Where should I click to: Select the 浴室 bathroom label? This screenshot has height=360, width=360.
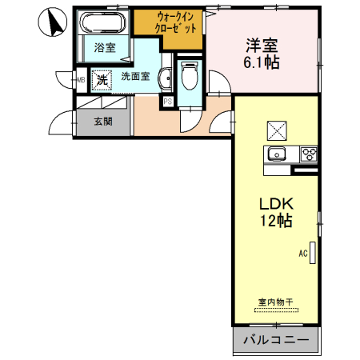104,48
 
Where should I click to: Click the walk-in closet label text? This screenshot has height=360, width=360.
168,22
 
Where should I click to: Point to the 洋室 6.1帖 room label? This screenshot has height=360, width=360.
262,54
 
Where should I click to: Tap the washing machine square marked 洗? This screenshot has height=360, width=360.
101,79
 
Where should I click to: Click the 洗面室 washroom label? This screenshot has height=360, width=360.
138,78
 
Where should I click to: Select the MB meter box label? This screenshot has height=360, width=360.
81,79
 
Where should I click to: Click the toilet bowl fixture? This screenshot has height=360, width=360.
190,78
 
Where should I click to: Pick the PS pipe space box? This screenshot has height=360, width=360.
168,101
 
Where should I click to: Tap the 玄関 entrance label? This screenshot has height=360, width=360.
102,122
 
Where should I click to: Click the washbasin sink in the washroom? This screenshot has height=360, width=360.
164,78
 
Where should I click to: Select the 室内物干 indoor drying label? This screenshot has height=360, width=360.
275,302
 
